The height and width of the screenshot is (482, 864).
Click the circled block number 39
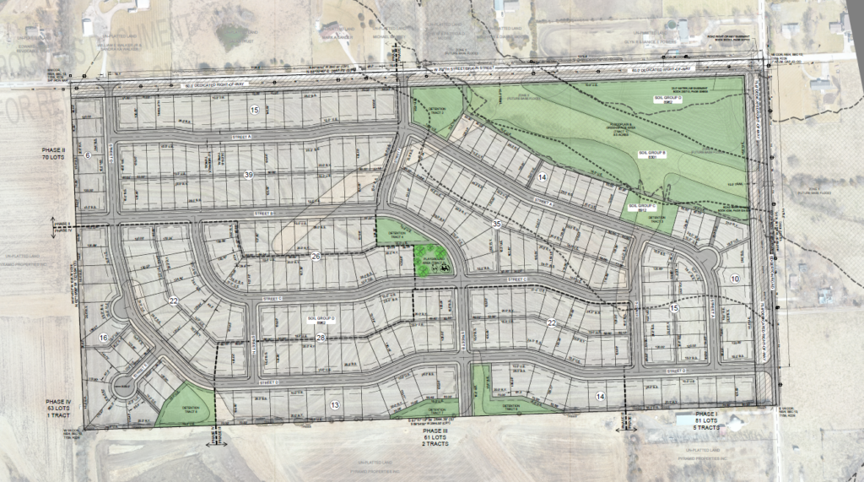pos(248,175)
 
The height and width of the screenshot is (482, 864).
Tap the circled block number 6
pos(87,155)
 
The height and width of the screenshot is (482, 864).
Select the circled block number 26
pos(315,256)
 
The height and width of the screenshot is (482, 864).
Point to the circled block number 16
pos(103,338)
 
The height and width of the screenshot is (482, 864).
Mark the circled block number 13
pos(335,405)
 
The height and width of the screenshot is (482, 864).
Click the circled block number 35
pos(497,224)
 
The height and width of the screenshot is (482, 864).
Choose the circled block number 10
pos(734,279)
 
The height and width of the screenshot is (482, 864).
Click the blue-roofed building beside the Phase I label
pos(685,420)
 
